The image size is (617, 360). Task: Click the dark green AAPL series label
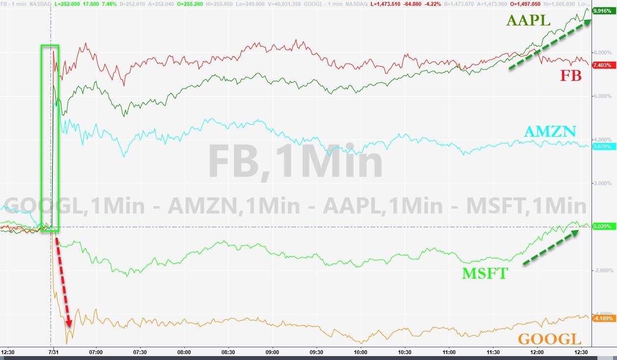528,21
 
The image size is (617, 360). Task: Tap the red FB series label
571,75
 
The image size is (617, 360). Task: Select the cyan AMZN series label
550,131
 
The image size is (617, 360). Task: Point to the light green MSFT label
485,273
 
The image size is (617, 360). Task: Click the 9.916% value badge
601,10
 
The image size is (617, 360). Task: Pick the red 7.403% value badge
601,65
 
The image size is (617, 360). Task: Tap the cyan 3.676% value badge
601,146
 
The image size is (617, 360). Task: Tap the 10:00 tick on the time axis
361,352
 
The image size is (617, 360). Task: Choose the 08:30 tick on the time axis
228,352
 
